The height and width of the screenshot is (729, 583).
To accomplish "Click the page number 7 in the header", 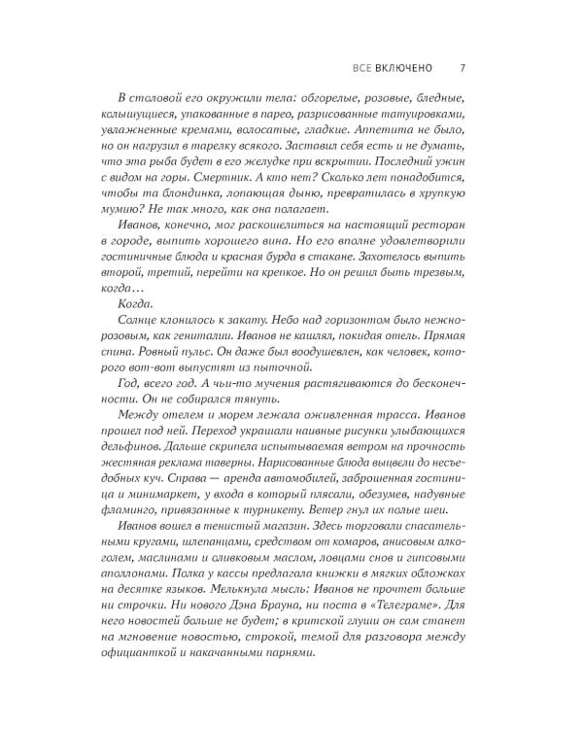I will coord(463,69).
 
